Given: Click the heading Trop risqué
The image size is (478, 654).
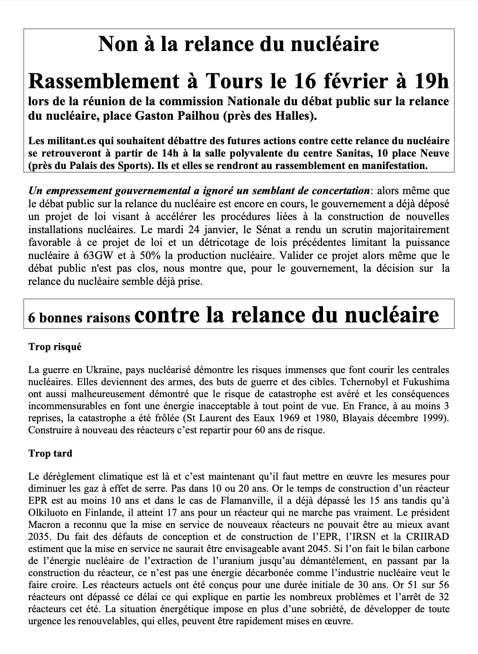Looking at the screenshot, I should click(x=55, y=347).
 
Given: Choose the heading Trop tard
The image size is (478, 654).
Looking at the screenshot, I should click(x=50, y=453).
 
